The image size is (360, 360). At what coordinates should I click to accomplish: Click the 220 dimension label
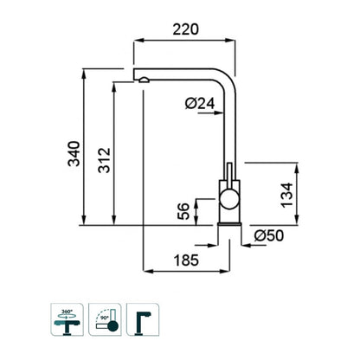point(186,29)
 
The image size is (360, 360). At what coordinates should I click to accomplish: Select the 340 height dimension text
point(74,153)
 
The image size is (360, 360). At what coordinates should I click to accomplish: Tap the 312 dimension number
point(105,160)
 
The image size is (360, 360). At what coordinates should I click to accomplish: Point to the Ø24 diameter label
point(200,103)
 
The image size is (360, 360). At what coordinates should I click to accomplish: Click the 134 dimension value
point(287,195)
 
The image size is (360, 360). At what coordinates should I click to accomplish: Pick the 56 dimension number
point(183,211)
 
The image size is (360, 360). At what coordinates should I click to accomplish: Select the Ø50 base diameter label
point(269,235)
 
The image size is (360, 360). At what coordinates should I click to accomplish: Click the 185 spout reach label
point(186,260)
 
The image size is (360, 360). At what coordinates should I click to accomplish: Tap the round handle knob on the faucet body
point(229,199)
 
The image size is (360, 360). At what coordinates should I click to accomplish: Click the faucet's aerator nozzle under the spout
point(144,80)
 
